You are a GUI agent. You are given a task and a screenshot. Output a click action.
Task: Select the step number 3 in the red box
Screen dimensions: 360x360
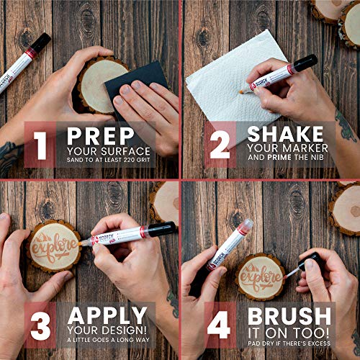click(38, 323)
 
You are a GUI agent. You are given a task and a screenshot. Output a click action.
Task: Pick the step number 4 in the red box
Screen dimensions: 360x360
click(218, 323)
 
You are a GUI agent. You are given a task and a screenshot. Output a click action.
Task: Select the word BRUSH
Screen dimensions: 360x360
click(290, 315)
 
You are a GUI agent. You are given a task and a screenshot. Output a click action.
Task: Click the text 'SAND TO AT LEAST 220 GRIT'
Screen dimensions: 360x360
click(108, 160)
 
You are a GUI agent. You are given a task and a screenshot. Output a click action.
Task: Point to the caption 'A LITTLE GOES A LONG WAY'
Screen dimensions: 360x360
click(108, 341)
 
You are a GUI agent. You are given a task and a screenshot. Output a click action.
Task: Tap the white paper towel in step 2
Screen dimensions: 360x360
click(216, 79)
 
